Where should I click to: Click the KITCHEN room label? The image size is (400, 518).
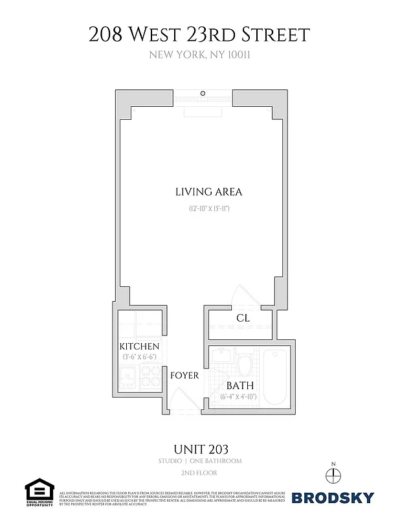[139, 346]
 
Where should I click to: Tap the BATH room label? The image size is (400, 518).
[239, 385]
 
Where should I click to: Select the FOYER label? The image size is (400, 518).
[184, 375]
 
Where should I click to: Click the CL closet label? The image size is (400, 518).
[243, 318]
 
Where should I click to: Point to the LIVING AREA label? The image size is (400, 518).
[208, 192]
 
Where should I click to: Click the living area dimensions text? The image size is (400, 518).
[209, 208]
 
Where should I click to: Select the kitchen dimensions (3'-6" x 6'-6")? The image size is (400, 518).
[139, 357]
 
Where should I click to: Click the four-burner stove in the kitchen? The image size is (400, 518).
[151, 376]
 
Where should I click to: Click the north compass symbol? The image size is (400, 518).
[333, 475]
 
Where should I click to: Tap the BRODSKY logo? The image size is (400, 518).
[333, 497]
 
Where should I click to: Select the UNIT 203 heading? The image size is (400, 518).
[200, 448]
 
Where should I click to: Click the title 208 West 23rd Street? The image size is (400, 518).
[200, 34]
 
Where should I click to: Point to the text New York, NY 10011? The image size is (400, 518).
[200, 55]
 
